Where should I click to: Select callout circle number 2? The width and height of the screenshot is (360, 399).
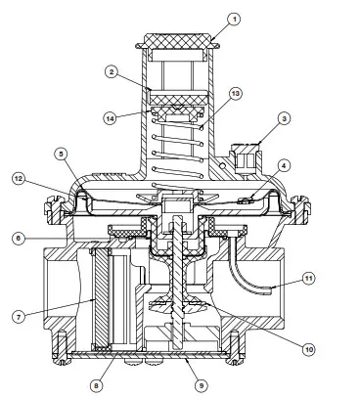(x=113, y=72)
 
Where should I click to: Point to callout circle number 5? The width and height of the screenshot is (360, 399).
(x=61, y=154)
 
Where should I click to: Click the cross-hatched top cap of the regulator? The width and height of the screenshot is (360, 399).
(x=180, y=41)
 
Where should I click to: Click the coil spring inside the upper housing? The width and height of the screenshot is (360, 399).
(x=180, y=147)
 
